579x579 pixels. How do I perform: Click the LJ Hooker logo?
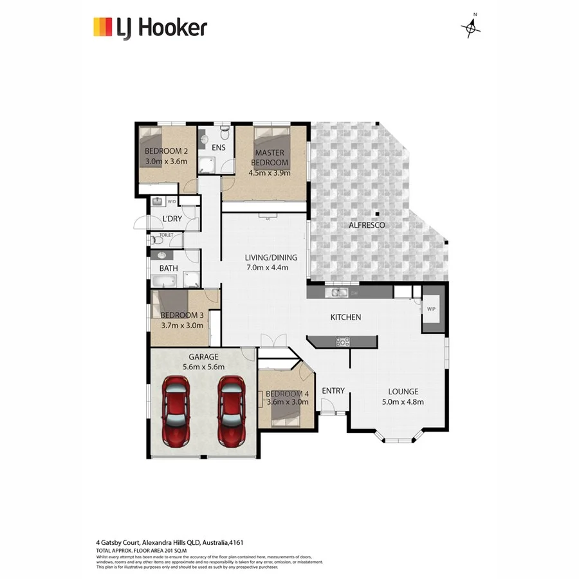pos(150,28)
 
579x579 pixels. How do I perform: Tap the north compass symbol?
pos(471,26)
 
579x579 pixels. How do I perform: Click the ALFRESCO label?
pos(367,225)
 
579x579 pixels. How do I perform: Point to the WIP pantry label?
pos(431,309)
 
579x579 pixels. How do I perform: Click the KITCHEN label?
pos(345,317)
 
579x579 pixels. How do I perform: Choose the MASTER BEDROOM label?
pos(270,158)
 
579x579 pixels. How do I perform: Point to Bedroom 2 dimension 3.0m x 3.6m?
pos(165,161)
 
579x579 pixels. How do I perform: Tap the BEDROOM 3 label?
pos(182,315)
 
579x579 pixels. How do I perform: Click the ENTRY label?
pos(333,391)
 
